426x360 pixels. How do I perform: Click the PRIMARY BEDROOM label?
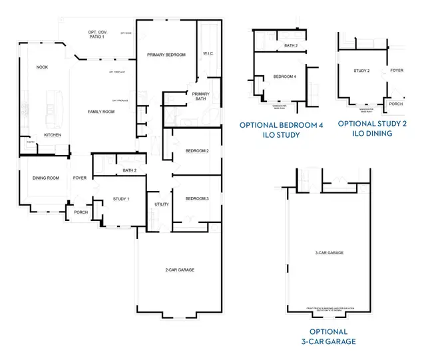(x=166, y=55)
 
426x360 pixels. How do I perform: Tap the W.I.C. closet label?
(x=208, y=54)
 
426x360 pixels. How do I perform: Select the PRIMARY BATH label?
(x=201, y=98)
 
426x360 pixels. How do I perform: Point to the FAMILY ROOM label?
(x=102, y=112)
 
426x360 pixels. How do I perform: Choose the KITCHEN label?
(x=53, y=135)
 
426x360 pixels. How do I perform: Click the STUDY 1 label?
(x=120, y=199)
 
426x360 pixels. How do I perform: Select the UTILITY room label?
(x=161, y=204)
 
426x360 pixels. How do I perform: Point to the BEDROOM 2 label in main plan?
(x=197, y=151)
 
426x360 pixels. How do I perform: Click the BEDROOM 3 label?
(x=197, y=199)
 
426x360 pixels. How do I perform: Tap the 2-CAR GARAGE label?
(x=179, y=270)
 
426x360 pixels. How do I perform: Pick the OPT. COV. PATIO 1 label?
(x=98, y=35)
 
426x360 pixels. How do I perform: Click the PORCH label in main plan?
(x=81, y=212)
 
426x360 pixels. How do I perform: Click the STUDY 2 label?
(x=361, y=69)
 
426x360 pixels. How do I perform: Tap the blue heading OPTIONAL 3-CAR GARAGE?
(x=328, y=337)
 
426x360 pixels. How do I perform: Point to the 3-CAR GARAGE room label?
(x=329, y=253)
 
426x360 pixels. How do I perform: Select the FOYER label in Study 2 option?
(x=397, y=70)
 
